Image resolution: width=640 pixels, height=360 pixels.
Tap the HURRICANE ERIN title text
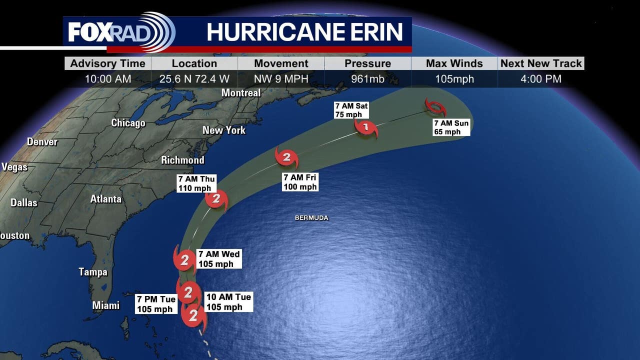tap(304, 32)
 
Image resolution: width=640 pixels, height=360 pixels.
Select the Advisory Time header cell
tap(107, 63)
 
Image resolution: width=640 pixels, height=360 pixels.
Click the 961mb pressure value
tap(367, 78)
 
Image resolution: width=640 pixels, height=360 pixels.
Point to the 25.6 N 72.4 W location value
tap(194, 78)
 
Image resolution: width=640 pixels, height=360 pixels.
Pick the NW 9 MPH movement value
tap(281, 78)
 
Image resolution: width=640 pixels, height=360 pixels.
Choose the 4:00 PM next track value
tap(541, 78)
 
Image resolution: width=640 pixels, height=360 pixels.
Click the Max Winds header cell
tap(454, 63)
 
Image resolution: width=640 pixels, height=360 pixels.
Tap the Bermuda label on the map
tap(311, 218)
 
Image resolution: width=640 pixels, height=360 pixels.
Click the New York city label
tap(224, 130)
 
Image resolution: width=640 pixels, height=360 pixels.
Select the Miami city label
tap(106, 305)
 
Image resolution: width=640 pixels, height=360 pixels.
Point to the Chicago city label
tap(128, 123)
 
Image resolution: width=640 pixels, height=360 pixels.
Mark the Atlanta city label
tap(106, 199)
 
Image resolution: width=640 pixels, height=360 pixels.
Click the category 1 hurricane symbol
tap(366, 127)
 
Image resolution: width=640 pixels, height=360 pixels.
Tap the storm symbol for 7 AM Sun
tap(434, 107)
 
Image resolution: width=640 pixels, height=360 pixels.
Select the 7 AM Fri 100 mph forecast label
tap(300, 182)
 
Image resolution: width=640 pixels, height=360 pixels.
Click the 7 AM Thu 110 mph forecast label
tap(196, 183)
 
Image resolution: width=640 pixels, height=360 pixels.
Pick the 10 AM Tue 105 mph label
tap(228, 302)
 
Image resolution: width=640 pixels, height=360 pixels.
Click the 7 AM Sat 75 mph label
tap(351, 110)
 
